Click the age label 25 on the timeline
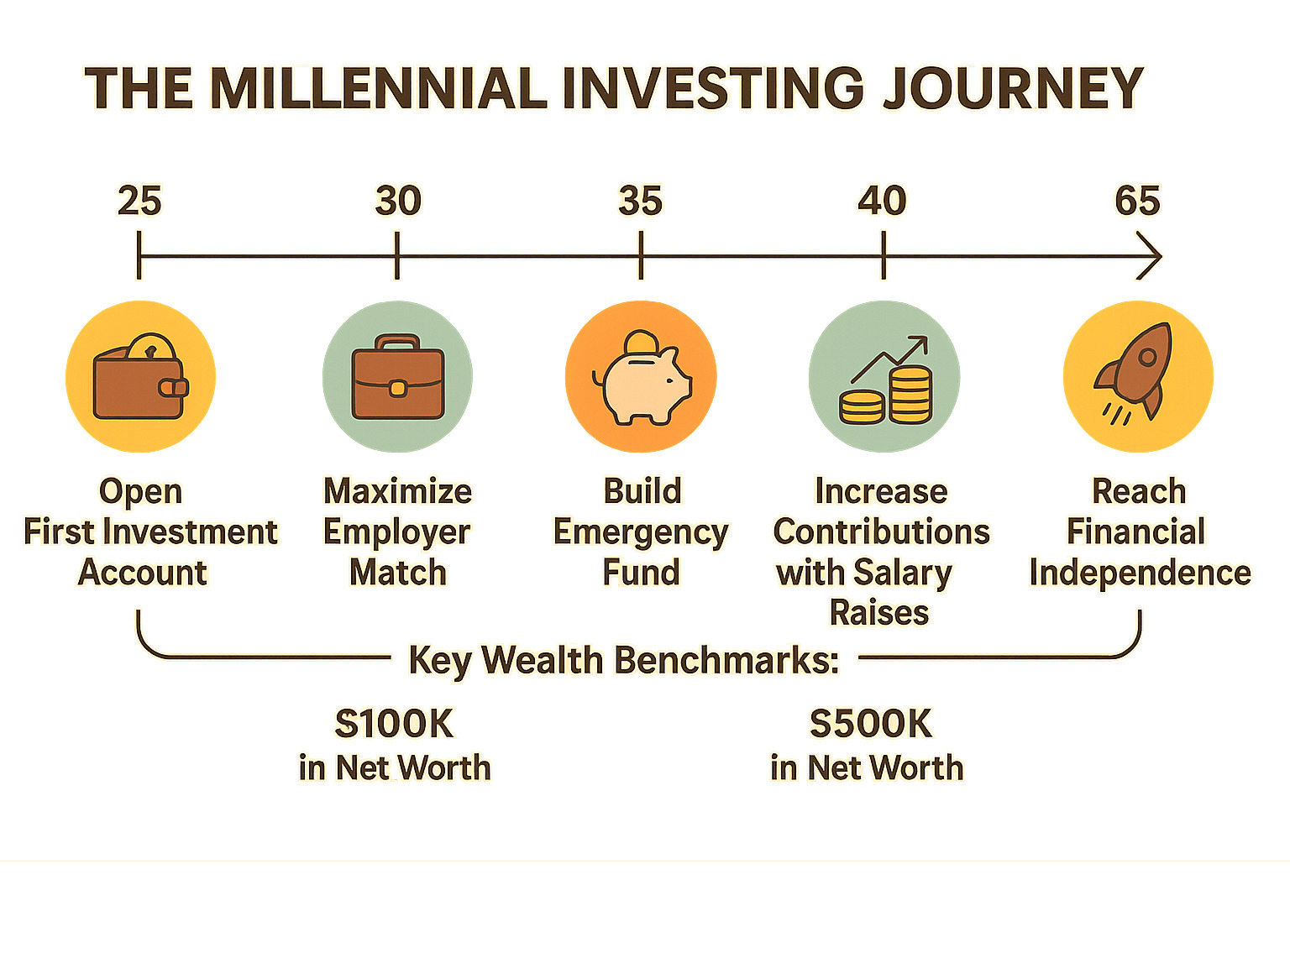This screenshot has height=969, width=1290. pos(139,202)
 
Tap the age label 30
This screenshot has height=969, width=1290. pos(398,202)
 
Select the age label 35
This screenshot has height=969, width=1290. pos(641,202)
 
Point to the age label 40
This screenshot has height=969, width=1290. pos(883,202)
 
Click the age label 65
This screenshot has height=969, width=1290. pos(1137,202)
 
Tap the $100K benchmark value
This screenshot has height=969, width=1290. pos(394,724)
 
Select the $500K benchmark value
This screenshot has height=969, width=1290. pos(871,724)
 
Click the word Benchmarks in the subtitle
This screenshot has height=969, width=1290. pos(726,660)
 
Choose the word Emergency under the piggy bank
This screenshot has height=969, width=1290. pos(641,533)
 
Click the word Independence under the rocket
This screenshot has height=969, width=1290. pos(1140,573)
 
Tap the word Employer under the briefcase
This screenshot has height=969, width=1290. pos(397,533)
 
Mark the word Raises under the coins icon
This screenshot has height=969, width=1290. pos(879,613)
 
